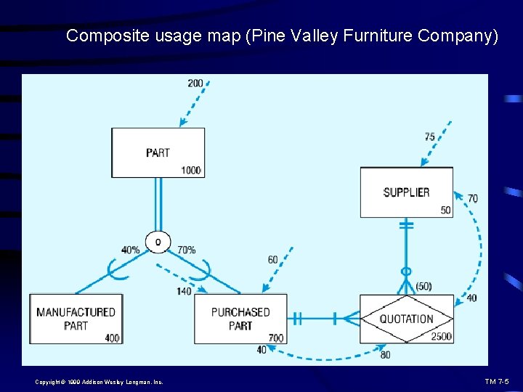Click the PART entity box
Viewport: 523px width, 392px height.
(158, 152)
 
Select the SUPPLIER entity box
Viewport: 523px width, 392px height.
(406, 192)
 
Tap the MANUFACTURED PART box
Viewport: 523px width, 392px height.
(76, 319)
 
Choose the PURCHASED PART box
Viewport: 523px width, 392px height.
(240, 319)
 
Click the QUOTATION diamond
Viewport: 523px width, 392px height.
(407, 319)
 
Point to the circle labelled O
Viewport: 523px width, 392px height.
(158, 241)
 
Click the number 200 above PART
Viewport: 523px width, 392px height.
(195, 83)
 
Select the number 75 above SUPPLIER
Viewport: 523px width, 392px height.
(430, 136)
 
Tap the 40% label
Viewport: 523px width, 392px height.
(131, 250)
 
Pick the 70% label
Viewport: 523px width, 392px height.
(186, 250)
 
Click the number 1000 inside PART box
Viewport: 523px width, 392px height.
(191, 171)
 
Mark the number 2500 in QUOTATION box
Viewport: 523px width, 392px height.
(441, 337)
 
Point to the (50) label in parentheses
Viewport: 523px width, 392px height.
(423, 286)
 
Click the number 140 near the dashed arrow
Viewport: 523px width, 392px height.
(184, 291)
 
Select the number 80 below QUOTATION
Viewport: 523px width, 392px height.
(385, 355)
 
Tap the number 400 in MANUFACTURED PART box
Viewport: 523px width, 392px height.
(112, 338)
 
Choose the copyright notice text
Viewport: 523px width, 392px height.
(99, 382)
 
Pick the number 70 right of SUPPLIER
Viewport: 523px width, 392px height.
(473, 198)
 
